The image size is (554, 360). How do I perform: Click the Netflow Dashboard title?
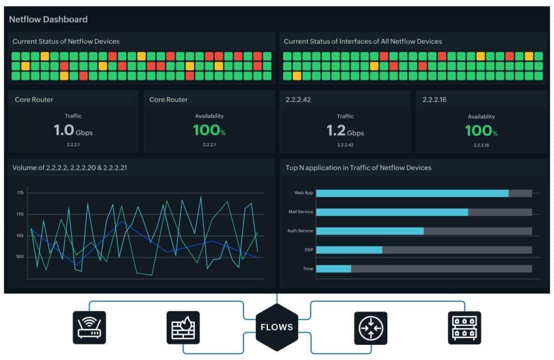(48, 19)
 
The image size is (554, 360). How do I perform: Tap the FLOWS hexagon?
(276, 326)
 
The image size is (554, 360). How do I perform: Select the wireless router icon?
(89, 328)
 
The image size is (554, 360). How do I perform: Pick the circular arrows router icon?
(371, 328)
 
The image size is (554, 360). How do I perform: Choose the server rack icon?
(464, 328)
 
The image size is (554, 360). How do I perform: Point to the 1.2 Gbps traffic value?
(345, 130)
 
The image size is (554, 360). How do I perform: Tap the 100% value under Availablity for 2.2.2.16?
(481, 130)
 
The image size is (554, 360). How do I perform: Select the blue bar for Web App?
(412, 193)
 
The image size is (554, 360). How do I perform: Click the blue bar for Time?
(333, 269)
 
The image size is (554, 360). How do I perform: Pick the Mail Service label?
(301, 212)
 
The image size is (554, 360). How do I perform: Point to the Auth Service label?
(300, 231)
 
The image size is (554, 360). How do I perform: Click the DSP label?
(308, 250)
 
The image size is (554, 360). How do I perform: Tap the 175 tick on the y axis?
(20, 193)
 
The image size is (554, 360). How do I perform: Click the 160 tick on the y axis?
(20, 257)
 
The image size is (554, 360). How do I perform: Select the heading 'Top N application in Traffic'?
(358, 168)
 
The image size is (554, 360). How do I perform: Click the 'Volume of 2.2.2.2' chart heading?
(70, 168)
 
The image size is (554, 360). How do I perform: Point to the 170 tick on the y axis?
(20, 215)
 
